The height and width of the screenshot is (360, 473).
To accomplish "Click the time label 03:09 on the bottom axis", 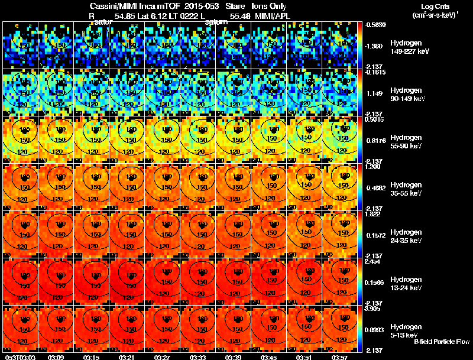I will point(56,357).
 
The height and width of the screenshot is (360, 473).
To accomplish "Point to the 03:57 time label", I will point(339,357).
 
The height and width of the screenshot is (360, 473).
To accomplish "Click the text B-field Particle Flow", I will point(442,342).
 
